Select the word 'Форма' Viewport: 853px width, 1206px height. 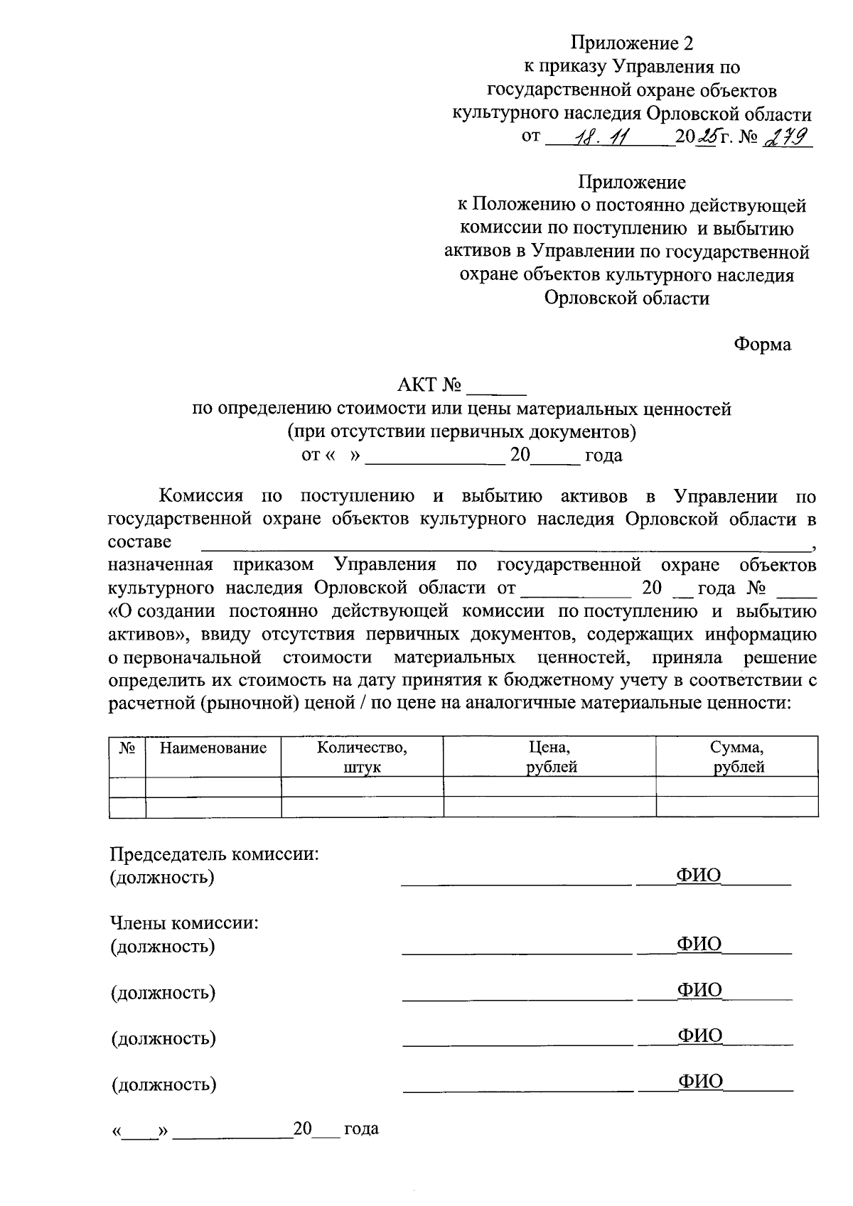click(762, 345)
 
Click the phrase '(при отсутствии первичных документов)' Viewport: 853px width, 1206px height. click(461, 431)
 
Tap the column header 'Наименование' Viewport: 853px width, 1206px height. click(213, 748)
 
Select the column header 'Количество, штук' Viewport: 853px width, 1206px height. click(362, 757)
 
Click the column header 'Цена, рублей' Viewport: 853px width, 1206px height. click(549, 757)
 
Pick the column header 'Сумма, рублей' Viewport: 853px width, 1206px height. click(737, 757)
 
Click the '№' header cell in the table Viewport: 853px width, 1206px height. click(127, 748)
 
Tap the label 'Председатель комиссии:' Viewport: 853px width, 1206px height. click(214, 854)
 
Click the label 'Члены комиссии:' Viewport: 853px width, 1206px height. click(183, 923)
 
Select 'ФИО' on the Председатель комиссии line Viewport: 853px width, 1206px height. click(698, 876)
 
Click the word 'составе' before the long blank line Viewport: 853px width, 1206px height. click(139, 542)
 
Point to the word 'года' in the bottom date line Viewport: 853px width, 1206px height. click(361, 1129)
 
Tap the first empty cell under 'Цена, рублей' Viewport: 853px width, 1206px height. click(549, 787)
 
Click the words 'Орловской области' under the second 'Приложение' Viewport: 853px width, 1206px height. click(627, 298)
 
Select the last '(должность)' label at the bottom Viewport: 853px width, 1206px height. click(163, 1084)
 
